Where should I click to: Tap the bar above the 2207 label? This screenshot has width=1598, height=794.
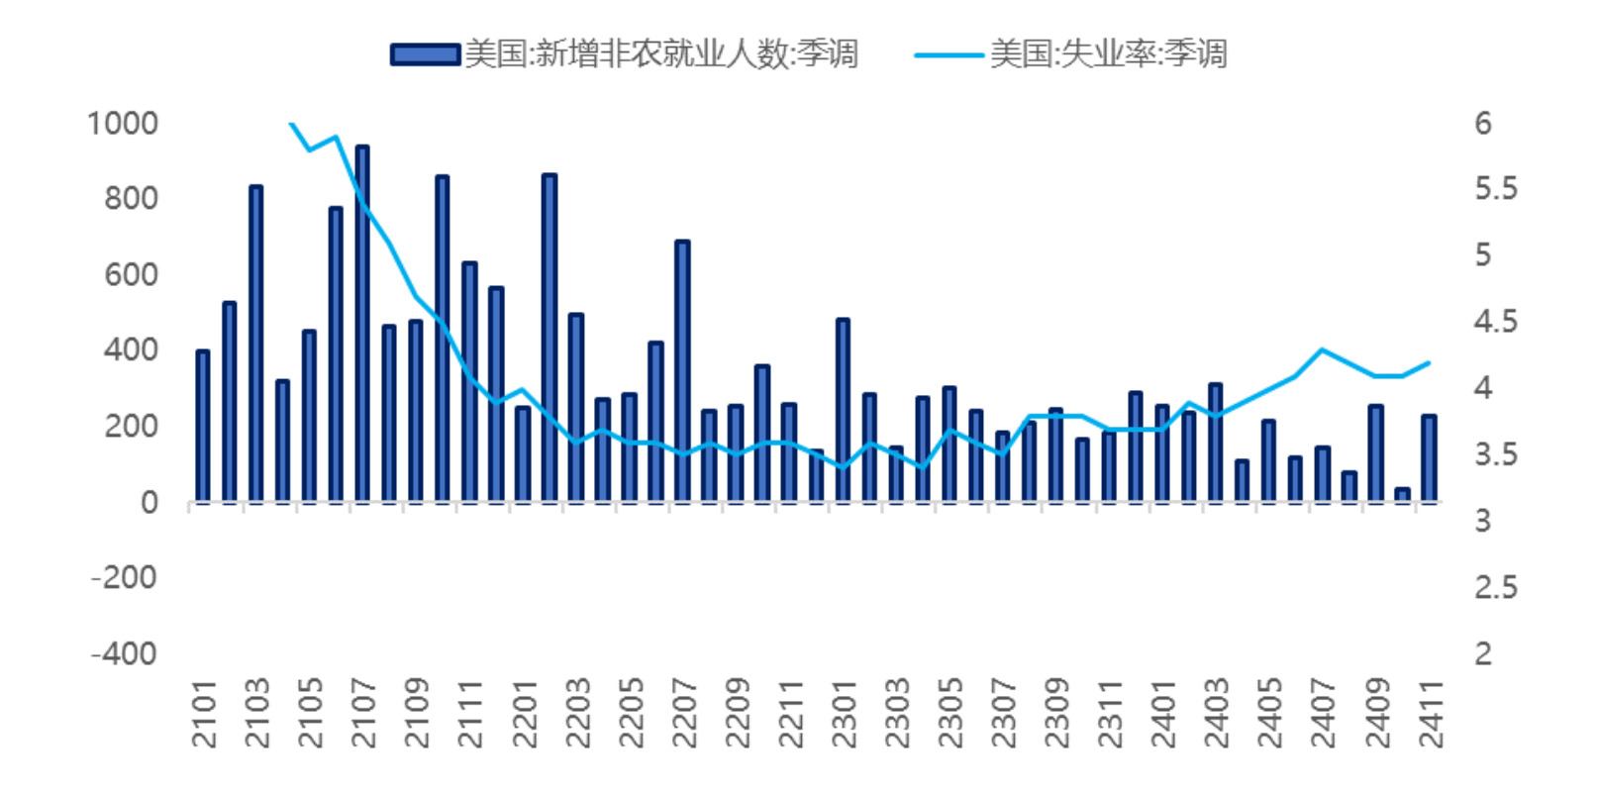682,371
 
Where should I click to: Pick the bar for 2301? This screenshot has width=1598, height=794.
843,410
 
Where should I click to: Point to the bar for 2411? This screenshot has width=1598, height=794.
1429,458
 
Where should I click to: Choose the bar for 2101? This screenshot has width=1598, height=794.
203,426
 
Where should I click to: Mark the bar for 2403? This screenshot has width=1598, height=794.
1216,443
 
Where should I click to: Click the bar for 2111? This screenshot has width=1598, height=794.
469,382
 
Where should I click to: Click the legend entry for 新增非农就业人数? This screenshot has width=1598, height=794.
624,53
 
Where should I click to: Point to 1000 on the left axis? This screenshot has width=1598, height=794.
123,123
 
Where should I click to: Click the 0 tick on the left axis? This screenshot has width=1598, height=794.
149,503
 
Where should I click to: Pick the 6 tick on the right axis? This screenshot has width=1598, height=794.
1482,123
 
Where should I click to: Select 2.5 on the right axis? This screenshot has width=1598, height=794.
1495,587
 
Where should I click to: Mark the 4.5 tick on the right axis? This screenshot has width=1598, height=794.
1495,322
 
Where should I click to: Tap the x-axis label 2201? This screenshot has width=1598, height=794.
524,713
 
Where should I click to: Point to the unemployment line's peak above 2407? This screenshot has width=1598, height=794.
1322,349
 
